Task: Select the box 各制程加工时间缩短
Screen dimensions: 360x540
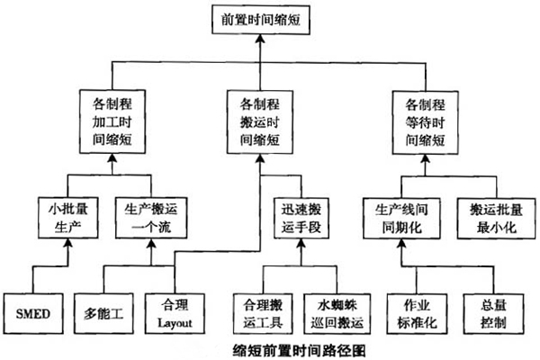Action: click(x=112, y=117)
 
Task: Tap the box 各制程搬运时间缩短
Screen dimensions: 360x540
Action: click(x=259, y=117)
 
